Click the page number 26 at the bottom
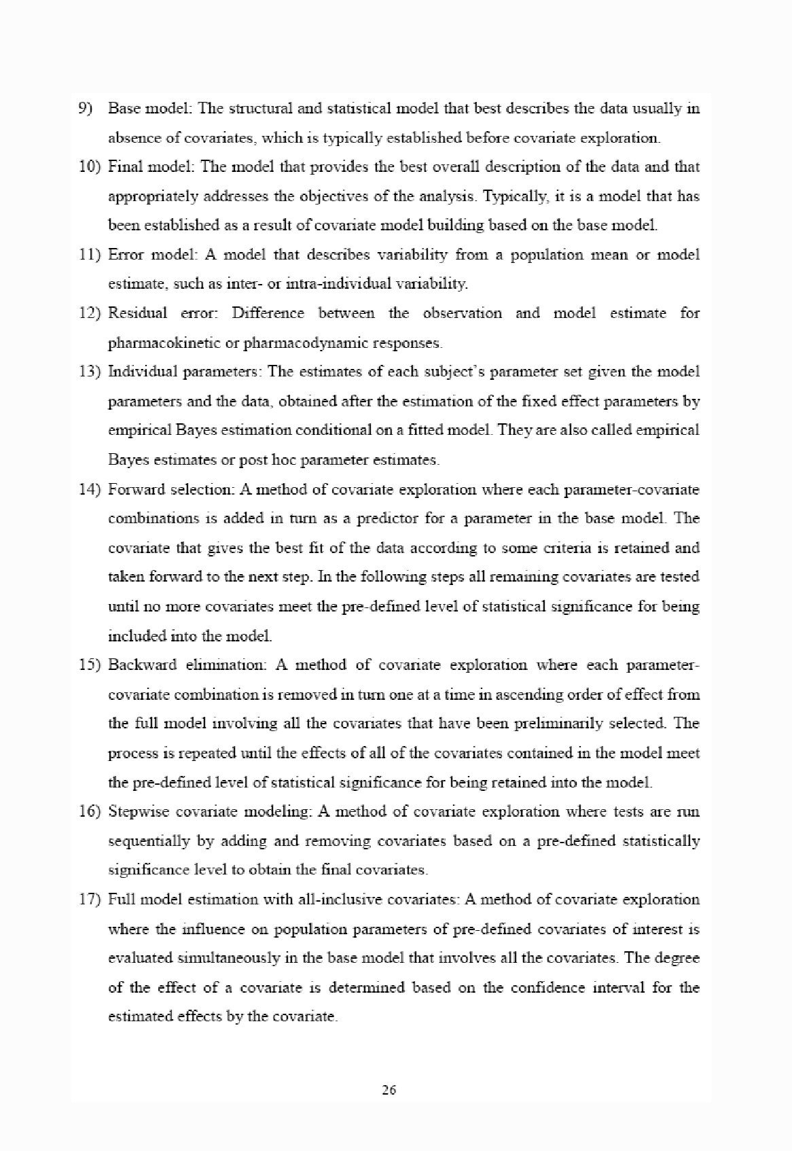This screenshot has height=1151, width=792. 389,1091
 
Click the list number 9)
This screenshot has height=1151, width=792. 88,108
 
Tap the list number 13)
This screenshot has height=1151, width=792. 90,372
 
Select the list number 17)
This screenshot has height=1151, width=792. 90,899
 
